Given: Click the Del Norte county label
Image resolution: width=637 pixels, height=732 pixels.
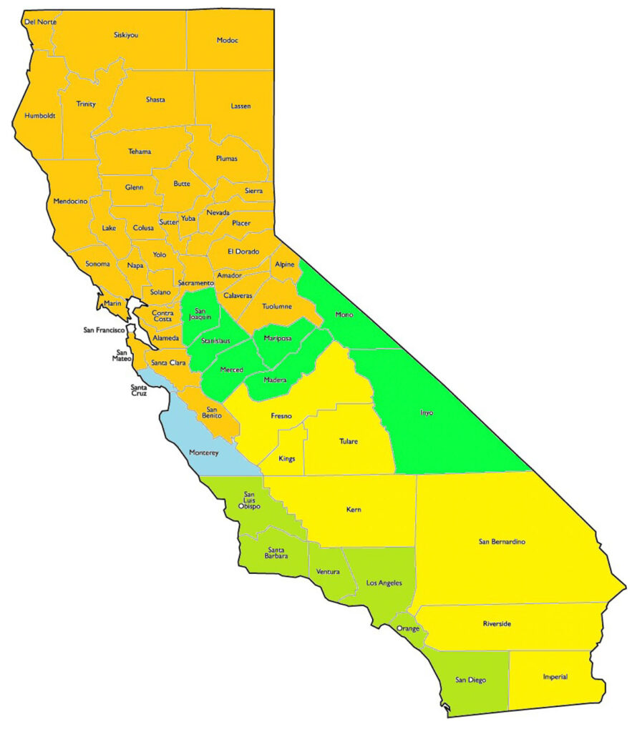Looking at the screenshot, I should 40,22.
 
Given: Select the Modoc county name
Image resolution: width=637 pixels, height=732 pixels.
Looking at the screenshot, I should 227,40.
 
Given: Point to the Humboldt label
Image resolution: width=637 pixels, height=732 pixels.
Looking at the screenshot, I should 39,115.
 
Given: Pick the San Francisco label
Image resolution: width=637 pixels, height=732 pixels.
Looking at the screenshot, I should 104,330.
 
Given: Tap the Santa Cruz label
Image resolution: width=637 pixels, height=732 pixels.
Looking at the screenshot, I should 139,390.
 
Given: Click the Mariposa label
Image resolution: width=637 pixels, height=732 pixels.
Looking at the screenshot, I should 278,338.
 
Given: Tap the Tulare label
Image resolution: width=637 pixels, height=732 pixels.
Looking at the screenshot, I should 348,441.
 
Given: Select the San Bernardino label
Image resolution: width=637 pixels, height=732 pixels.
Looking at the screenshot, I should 502,541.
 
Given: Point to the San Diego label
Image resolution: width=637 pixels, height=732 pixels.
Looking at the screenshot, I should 470,680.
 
